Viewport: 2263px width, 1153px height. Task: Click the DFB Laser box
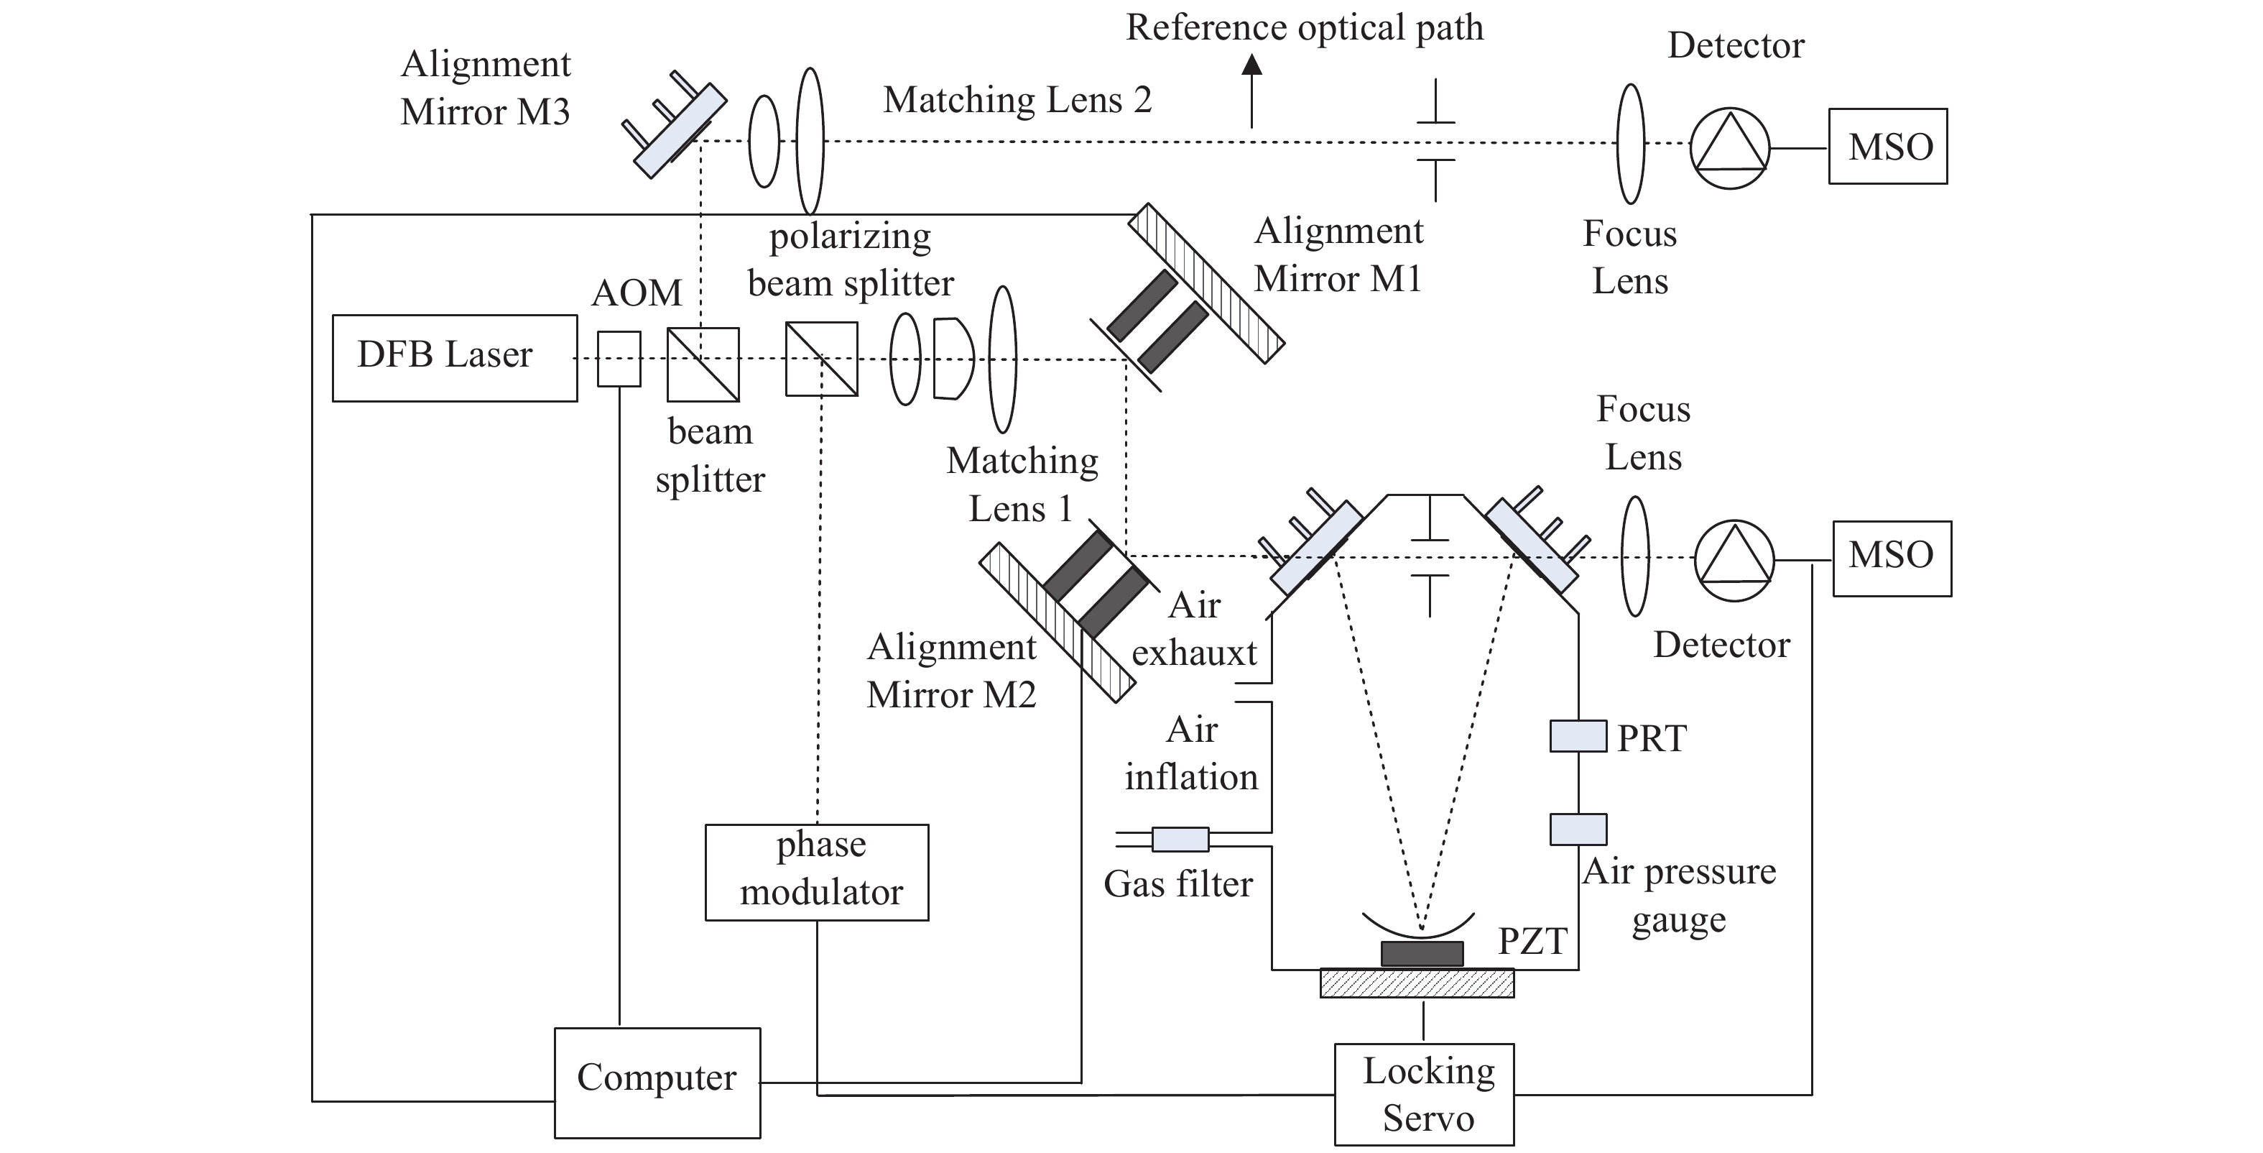(x=454, y=358)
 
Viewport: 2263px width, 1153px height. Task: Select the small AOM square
(x=619, y=358)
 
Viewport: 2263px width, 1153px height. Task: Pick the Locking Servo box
(x=1424, y=1094)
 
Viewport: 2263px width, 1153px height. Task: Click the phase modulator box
(x=817, y=872)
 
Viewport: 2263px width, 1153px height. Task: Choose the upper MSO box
(x=1888, y=146)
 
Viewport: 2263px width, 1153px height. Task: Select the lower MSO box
(x=1892, y=559)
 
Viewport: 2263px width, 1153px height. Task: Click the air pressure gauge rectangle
(x=1578, y=829)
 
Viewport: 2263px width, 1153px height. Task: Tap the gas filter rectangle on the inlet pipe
(x=1180, y=840)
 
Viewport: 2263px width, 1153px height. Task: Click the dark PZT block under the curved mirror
(x=1422, y=953)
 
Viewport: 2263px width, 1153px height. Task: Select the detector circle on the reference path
(x=1729, y=147)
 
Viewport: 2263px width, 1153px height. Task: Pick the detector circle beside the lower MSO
(x=1734, y=561)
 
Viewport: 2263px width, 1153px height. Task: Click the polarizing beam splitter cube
(x=821, y=359)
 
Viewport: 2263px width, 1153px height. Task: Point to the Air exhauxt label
(x=1194, y=629)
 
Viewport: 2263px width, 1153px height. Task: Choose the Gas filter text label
(x=1178, y=884)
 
